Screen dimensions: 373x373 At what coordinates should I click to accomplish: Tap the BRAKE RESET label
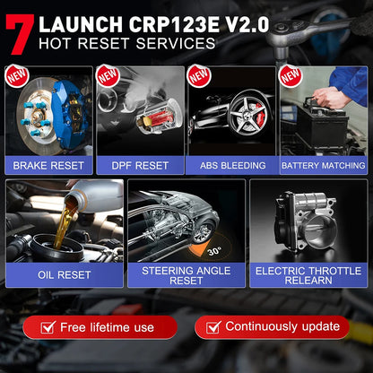click(x=48, y=165)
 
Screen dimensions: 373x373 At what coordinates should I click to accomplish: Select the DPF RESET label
click(x=140, y=165)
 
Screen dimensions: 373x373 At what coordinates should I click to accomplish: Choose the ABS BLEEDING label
click(x=231, y=165)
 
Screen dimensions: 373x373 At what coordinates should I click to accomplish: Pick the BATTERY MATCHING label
click(x=323, y=165)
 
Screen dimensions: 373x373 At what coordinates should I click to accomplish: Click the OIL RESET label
click(x=64, y=275)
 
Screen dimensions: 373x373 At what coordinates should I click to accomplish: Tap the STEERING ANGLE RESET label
click(x=186, y=275)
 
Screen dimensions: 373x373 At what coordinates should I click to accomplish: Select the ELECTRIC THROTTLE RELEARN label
click(x=308, y=275)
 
